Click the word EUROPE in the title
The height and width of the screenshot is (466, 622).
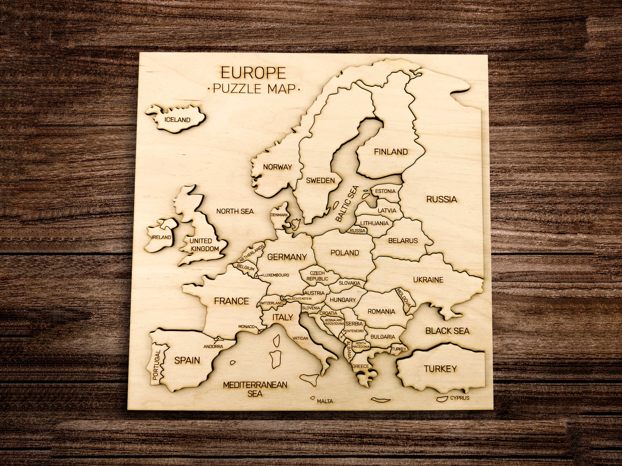tap(253, 73)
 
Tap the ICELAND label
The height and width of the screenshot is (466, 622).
tap(177, 120)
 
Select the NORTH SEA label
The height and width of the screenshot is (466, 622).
tap(235, 211)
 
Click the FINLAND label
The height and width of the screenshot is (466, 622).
tap(391, 152)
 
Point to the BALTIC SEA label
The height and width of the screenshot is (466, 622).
tap(347, 204)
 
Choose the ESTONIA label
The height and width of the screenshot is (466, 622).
tap(385, 191)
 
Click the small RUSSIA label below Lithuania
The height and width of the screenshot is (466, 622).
tap(357, 231)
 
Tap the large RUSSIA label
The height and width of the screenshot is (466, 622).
tap(441, 199)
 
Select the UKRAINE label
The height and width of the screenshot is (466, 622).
tap(428, 280)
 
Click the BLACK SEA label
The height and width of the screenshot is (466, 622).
tap(447, 331)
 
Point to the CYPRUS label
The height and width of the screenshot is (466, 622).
tap(459, 398)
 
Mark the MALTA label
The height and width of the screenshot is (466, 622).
tap(325, 401)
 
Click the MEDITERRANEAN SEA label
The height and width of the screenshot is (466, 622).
tap(255, 389)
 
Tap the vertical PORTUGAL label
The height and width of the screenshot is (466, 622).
tap(157, 365)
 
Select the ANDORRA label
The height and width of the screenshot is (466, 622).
tap(213, 346)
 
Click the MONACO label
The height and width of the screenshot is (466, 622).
tap(247, 327)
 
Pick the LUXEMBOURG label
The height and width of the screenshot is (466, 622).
tap(276, 275)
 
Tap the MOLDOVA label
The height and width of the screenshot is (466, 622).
tap(404, 298)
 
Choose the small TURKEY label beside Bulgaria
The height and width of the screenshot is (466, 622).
tap(399, 349)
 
